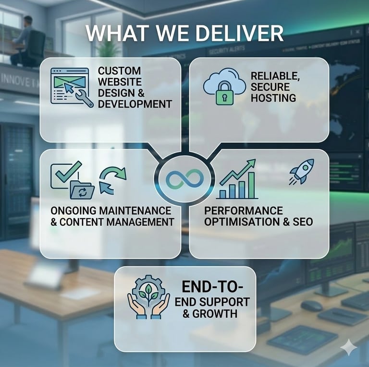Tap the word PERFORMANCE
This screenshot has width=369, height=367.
point(243,211)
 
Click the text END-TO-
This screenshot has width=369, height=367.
point(212,287)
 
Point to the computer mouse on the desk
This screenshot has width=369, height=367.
point(311,306)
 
